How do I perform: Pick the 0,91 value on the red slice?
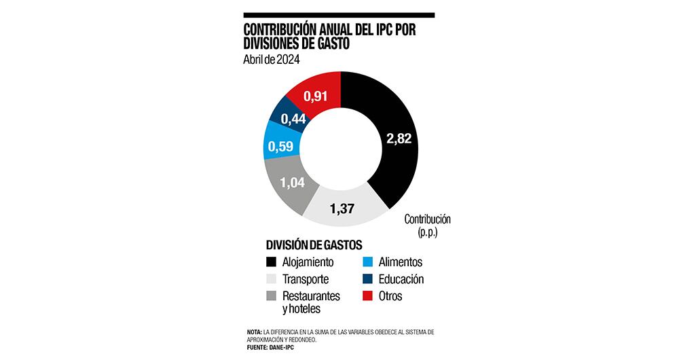pyautogui.click(x=316, y=96)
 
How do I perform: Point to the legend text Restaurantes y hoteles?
pyautogui.click(x=313, y=303)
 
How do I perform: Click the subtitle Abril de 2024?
pyautogui.click(x=272, y=59)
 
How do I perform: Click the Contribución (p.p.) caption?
pyautogui.click(x=428, y=226)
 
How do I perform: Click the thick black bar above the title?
pyautogui.click(x=339, y=15)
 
